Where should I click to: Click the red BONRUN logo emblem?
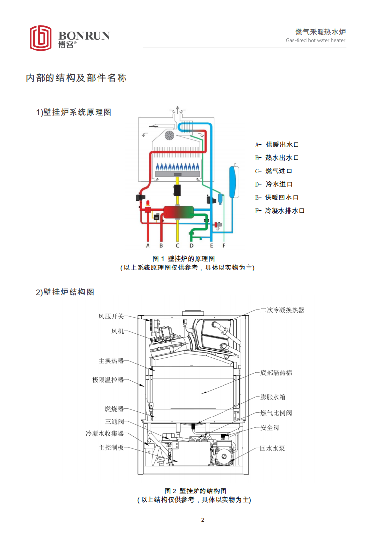click(41, 38)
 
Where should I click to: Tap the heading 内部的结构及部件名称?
click(76, 78)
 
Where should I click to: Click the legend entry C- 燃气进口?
click(274, 171)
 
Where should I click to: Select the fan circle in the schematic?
click(170, 136)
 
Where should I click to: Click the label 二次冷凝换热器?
click(282, 310)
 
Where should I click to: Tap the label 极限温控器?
click(108, 380)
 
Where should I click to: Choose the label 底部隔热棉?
click(276, 373)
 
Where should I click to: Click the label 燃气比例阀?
click(276, 413)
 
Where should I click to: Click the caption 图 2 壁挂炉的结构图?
click(195, 491)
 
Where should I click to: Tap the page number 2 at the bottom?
click(203, 520)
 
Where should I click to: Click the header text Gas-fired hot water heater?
click(316, 41)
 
